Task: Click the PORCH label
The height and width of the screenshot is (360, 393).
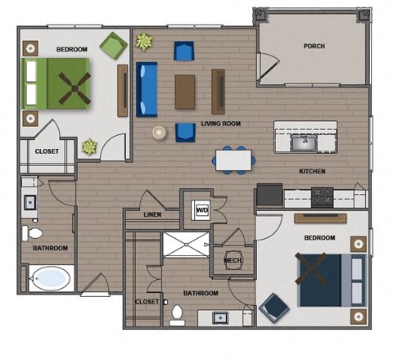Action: pos(313,47)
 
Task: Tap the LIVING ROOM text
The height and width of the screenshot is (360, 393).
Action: pos(219,124)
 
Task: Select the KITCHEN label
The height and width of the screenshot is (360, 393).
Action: pos(313,172)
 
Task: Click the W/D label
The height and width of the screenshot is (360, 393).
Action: pos(201,211)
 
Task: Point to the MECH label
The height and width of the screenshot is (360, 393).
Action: pos(232,261)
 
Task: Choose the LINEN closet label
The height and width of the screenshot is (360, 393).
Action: pos(152,215)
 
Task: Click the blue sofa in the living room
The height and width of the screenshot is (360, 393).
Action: pos(147,89)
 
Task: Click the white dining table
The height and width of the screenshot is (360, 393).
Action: pos(233,159)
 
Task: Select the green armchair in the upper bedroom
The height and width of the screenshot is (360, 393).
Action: pos(111,46)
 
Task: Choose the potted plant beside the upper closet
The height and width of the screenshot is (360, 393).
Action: pos(89,147)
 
